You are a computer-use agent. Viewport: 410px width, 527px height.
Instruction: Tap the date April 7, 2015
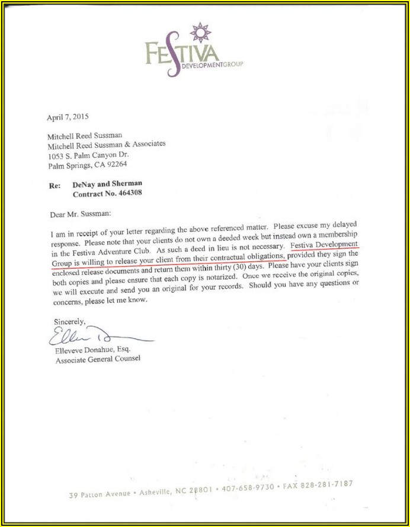pyautogui.click(x=68, y=117)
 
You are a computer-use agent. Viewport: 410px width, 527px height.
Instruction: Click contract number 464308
pyautogui.click(x=126, y=193)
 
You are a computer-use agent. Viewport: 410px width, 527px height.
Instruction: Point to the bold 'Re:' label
pyautogui.click(x=55, y=185)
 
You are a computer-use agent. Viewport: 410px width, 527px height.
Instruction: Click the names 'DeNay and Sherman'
pyautogui.click(x=107, y=184)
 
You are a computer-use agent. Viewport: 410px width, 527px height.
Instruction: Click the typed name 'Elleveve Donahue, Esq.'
pyautogui.click(x=93, y=350)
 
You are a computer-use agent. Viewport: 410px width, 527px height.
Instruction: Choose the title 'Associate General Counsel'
pyautogui.click(x=98, y=359)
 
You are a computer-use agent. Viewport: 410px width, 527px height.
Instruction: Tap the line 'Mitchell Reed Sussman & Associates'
pyautogui.click(x=107, y=144)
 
